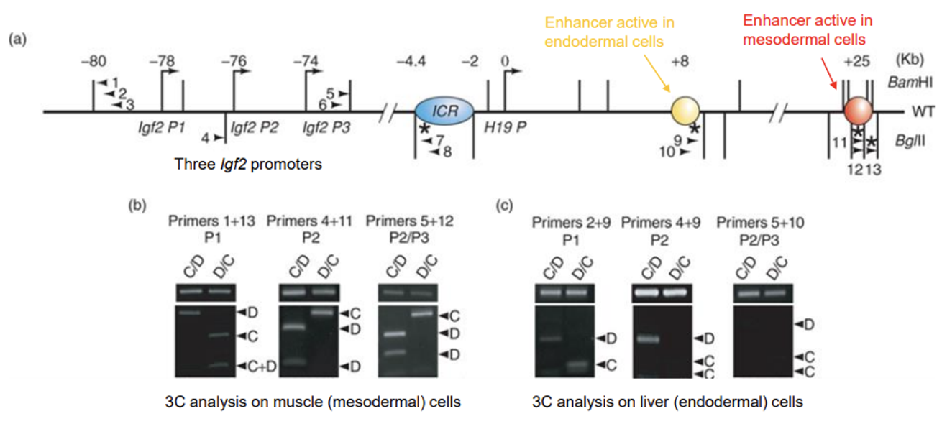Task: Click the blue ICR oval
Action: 444,111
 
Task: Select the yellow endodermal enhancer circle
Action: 685,111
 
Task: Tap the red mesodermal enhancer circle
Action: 858,111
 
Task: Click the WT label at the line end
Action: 920,112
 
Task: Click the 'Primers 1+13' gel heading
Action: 202,221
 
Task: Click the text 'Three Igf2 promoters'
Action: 248,164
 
